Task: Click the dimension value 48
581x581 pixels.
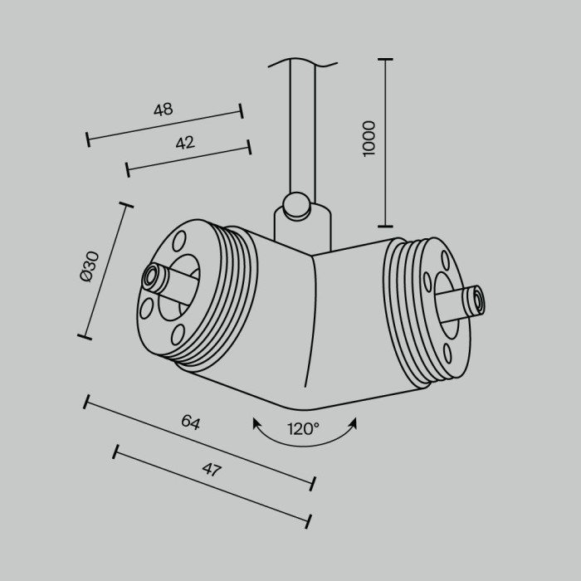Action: [163, 110]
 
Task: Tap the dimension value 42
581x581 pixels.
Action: [184, 143]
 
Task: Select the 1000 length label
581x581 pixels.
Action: [369, 138]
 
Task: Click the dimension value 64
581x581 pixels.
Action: [191, 422]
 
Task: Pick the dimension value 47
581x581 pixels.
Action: [212, 469]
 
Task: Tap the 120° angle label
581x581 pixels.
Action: [303, 429]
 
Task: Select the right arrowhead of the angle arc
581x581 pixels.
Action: [354, 422]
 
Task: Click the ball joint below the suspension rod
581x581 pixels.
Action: [295, 205]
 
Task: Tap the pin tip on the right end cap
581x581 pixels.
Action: [476, 300]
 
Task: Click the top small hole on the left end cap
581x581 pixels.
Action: [178, 242]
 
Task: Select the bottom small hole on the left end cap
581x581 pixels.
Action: [177, 334]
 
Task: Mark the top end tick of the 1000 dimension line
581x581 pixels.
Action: [385, 60]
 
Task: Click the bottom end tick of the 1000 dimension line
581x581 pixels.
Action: [385, 225]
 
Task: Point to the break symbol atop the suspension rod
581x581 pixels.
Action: [303, 61]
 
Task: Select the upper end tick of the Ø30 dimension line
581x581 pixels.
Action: [126, 204]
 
